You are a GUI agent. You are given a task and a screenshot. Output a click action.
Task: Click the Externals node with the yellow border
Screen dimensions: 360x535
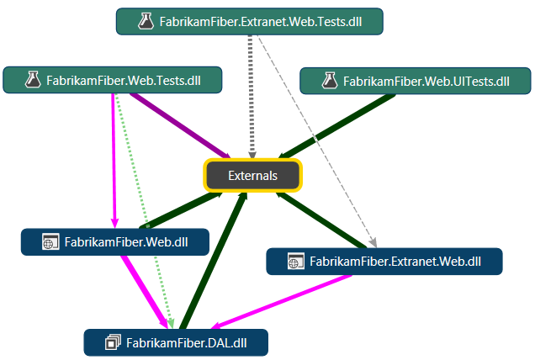(253, 175)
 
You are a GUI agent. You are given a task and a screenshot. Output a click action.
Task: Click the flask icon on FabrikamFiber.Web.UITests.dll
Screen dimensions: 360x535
(330, 82)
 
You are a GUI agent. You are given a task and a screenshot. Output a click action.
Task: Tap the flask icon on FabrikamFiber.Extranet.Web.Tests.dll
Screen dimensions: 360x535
(145, 22)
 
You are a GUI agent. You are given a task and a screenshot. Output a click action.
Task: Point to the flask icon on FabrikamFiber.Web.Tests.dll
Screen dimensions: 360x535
(33, 81)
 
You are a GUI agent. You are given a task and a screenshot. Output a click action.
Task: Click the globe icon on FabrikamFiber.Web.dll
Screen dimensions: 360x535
(50, 242)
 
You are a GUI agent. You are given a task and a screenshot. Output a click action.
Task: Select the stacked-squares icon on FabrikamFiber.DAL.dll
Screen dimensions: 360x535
(113, 342)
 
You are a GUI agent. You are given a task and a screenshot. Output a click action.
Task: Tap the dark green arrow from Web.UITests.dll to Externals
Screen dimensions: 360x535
(336, 125)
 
